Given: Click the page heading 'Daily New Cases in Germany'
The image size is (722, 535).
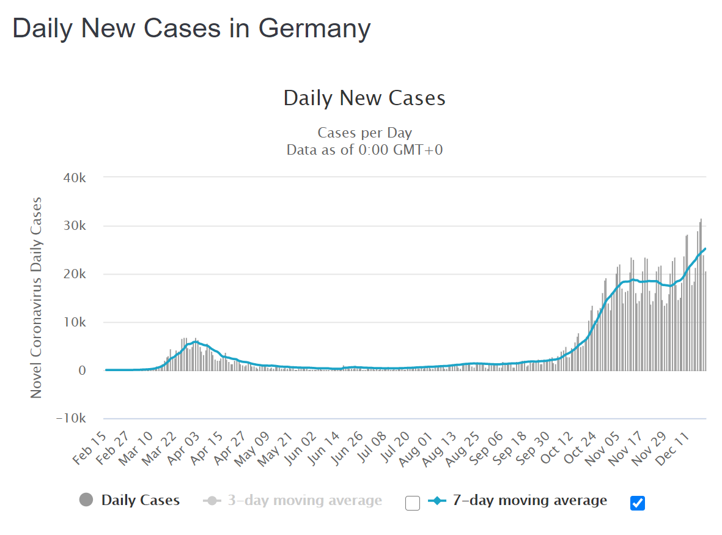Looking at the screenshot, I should [x=191, y=28].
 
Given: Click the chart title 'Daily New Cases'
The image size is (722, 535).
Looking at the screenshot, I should [x=364, y=98].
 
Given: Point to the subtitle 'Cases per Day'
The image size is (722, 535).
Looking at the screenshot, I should [x=364, y=133].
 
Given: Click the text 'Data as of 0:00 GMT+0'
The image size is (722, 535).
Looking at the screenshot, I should [x=364, y=149].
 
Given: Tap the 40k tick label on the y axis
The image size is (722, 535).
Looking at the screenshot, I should [x=76, y=177].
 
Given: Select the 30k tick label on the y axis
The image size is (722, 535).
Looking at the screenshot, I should [x=76, y=226].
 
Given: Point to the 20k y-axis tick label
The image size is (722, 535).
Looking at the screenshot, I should [x=76, y=274].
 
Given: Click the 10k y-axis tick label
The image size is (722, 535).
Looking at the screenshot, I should [x=76, y=322].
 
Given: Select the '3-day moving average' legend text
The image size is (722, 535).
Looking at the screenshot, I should [x=304, y=501].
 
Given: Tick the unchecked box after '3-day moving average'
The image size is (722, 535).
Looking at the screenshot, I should [x=413, y=503].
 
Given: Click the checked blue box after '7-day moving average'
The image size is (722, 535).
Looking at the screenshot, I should [x=638, y=503].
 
